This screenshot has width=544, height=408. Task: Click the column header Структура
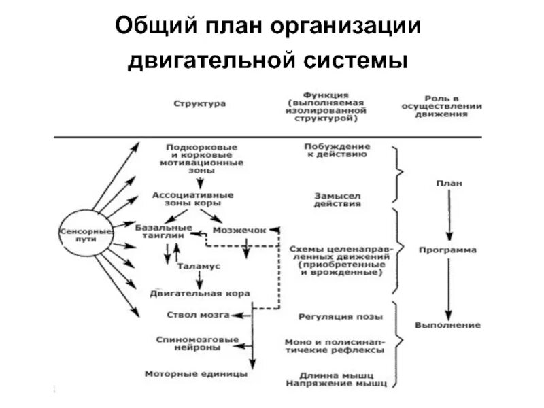point(200,104)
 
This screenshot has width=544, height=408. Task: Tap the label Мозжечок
point(239,231)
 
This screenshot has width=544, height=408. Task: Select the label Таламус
point(199,267)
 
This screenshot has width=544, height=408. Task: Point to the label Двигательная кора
point(200,293)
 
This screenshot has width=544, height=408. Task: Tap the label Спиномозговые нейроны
point(197,343)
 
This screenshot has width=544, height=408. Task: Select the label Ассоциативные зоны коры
point(192,199)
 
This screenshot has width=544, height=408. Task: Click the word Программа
point(447,250)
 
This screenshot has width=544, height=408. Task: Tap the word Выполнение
point(447,325)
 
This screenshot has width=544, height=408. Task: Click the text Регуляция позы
point(340,316)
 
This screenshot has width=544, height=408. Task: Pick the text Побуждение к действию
point(337,150)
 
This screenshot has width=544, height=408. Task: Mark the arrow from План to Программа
point(447,216)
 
